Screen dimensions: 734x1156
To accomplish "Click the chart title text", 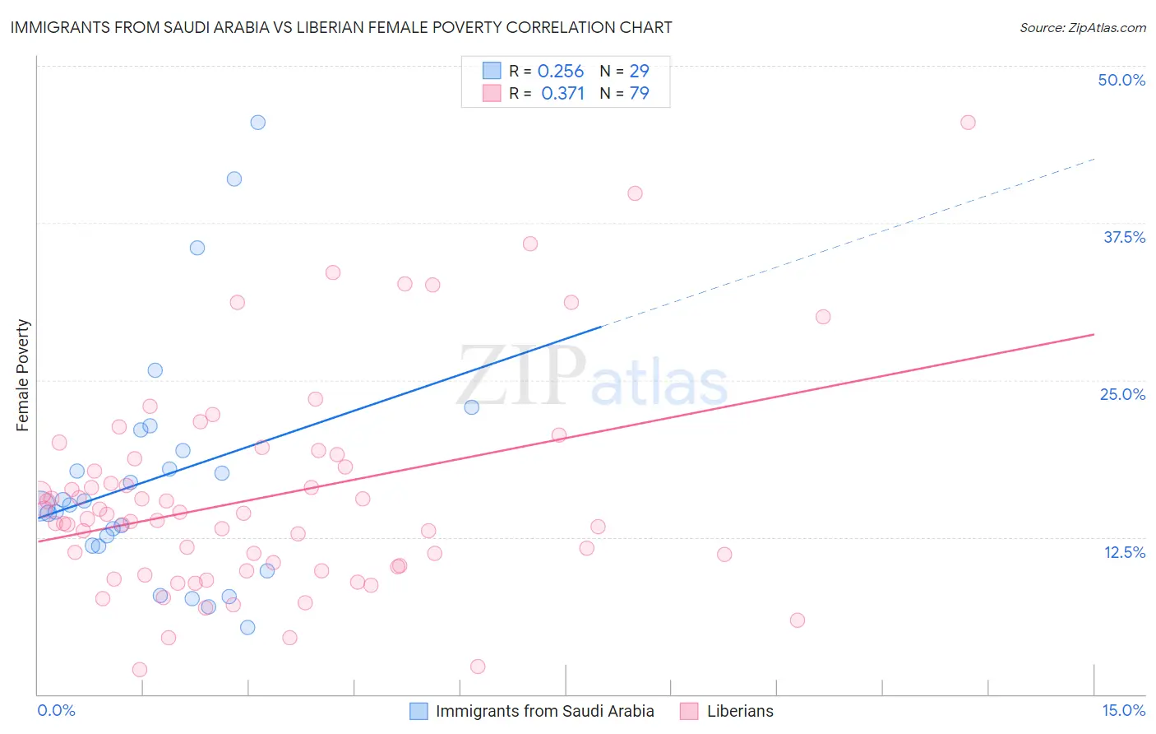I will click(x=340, y=27).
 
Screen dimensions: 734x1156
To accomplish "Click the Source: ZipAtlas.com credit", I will click(x=1082, y=28).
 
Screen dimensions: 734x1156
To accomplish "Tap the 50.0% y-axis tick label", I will click(x=1121, y=80).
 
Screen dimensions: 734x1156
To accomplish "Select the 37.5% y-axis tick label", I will click(x=1124, y=237).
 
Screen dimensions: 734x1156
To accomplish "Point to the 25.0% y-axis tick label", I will click(x=1122, y=394).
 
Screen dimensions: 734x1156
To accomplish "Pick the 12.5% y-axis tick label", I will click(x=1124, y=552).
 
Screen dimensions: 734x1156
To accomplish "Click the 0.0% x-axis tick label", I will click(x=56, y=710).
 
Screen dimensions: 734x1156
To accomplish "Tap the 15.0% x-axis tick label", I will click(x=1123, y=710).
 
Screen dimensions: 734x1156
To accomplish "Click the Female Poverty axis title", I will click(x=23, y=375).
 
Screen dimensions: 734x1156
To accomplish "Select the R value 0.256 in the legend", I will click(x=561, y=72).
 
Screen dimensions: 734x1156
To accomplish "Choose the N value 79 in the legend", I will click(x=639, y=93).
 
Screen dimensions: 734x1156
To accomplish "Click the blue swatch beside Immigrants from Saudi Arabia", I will click(x=418, y=711).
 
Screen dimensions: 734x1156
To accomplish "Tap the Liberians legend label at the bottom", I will click(x=740, y=711).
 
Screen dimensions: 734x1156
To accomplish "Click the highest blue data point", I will click(x=257, y=123).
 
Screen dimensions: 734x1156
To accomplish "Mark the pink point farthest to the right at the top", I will click(x=968, y=123).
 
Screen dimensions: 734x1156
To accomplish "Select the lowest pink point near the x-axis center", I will click(x=478, y=667).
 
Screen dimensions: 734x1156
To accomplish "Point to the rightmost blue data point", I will click(x=471, y=407).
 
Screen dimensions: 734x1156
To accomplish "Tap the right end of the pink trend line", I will click(x=1092, y=335).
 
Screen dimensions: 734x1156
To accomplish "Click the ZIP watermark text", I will click(x=522, y=376).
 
